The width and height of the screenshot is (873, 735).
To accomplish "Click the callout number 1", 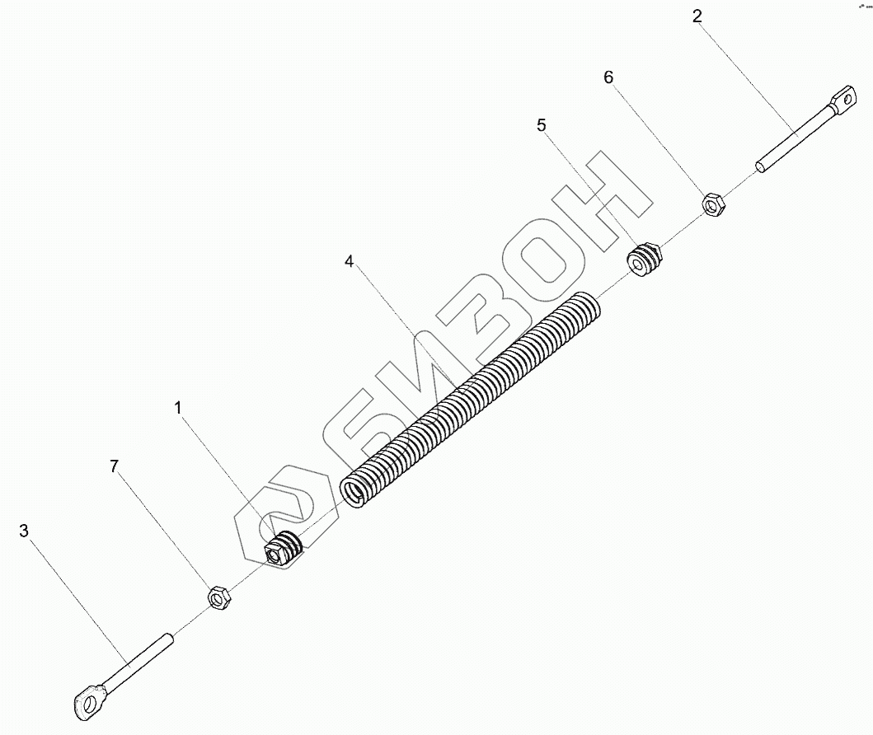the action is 178,408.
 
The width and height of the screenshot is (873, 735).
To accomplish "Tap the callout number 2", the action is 697,16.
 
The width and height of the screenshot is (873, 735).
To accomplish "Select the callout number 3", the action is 24,531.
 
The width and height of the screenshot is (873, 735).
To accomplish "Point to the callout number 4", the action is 350,261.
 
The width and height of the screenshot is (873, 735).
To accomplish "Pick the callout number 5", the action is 542,125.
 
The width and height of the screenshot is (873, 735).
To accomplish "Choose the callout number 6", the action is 608,77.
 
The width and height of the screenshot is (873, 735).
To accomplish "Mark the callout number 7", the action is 115,467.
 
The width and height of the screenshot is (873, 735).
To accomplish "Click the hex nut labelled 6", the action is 714,203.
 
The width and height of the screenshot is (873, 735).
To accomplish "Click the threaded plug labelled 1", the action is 282,550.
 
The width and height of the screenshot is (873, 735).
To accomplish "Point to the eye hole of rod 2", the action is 842,101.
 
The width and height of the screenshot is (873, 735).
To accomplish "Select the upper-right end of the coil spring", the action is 590,307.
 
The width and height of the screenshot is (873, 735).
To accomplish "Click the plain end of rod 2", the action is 760,167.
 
